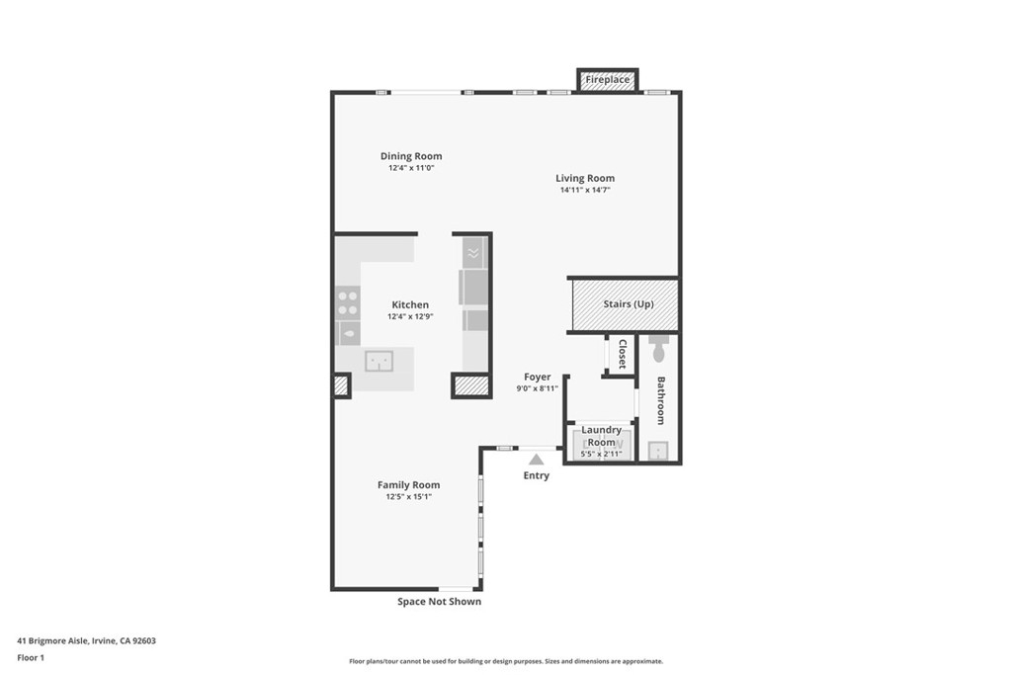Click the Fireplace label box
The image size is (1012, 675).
608,79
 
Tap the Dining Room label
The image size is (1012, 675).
411,156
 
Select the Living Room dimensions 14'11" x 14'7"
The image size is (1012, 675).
585,190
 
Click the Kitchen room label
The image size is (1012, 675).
410,304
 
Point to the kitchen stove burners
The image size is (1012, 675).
348,303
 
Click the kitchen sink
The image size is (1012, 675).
379,361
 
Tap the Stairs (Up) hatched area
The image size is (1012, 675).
626,304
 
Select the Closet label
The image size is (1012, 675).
623,354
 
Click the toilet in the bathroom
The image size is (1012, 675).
659,349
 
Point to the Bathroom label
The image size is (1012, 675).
661,400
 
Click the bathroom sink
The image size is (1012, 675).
657,451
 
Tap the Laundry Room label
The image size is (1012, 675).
602,436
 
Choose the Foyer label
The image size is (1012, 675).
538,377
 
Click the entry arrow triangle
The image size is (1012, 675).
537,460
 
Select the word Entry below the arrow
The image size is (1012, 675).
537,475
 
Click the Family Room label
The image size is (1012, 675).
408,485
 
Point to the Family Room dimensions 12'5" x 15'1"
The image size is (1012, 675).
408,497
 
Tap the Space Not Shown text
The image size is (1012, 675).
439,602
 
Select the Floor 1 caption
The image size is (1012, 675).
31,657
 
